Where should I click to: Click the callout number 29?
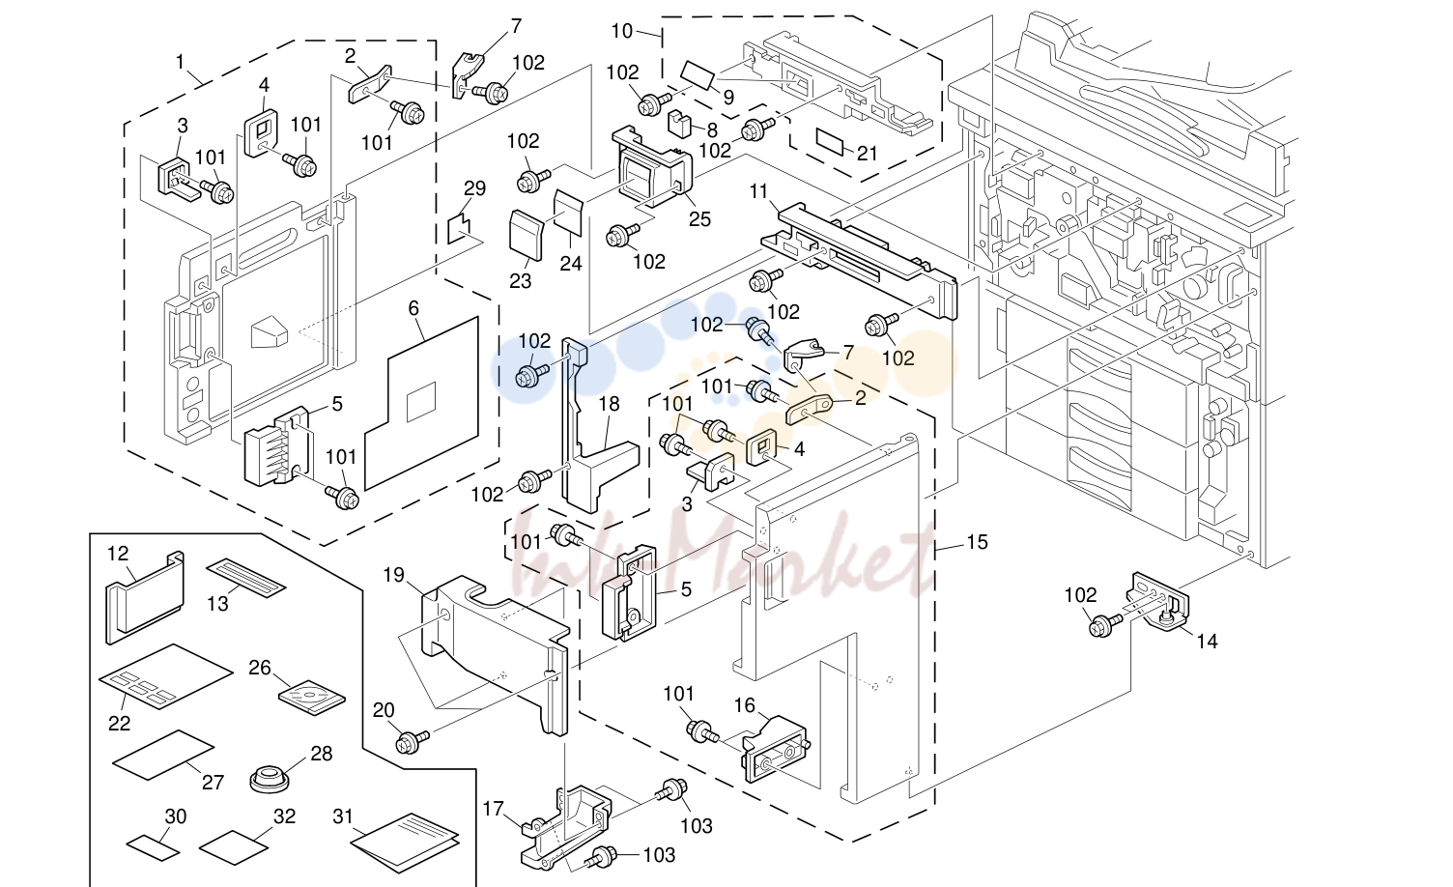(474, 188)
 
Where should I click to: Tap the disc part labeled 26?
(312, 699)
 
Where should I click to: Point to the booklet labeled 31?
(405, 842)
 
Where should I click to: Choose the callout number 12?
(118, 554)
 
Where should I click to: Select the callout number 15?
(977, 542)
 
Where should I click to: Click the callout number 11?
(758, 191)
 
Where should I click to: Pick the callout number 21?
(868, 154)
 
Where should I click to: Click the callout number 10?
(621, 31)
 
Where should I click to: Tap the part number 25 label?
(699, 218)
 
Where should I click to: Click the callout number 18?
(609, 404)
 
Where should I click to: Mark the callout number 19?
(394, 575)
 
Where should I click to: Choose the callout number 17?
(493, 809)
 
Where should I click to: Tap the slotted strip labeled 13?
(245, 578)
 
